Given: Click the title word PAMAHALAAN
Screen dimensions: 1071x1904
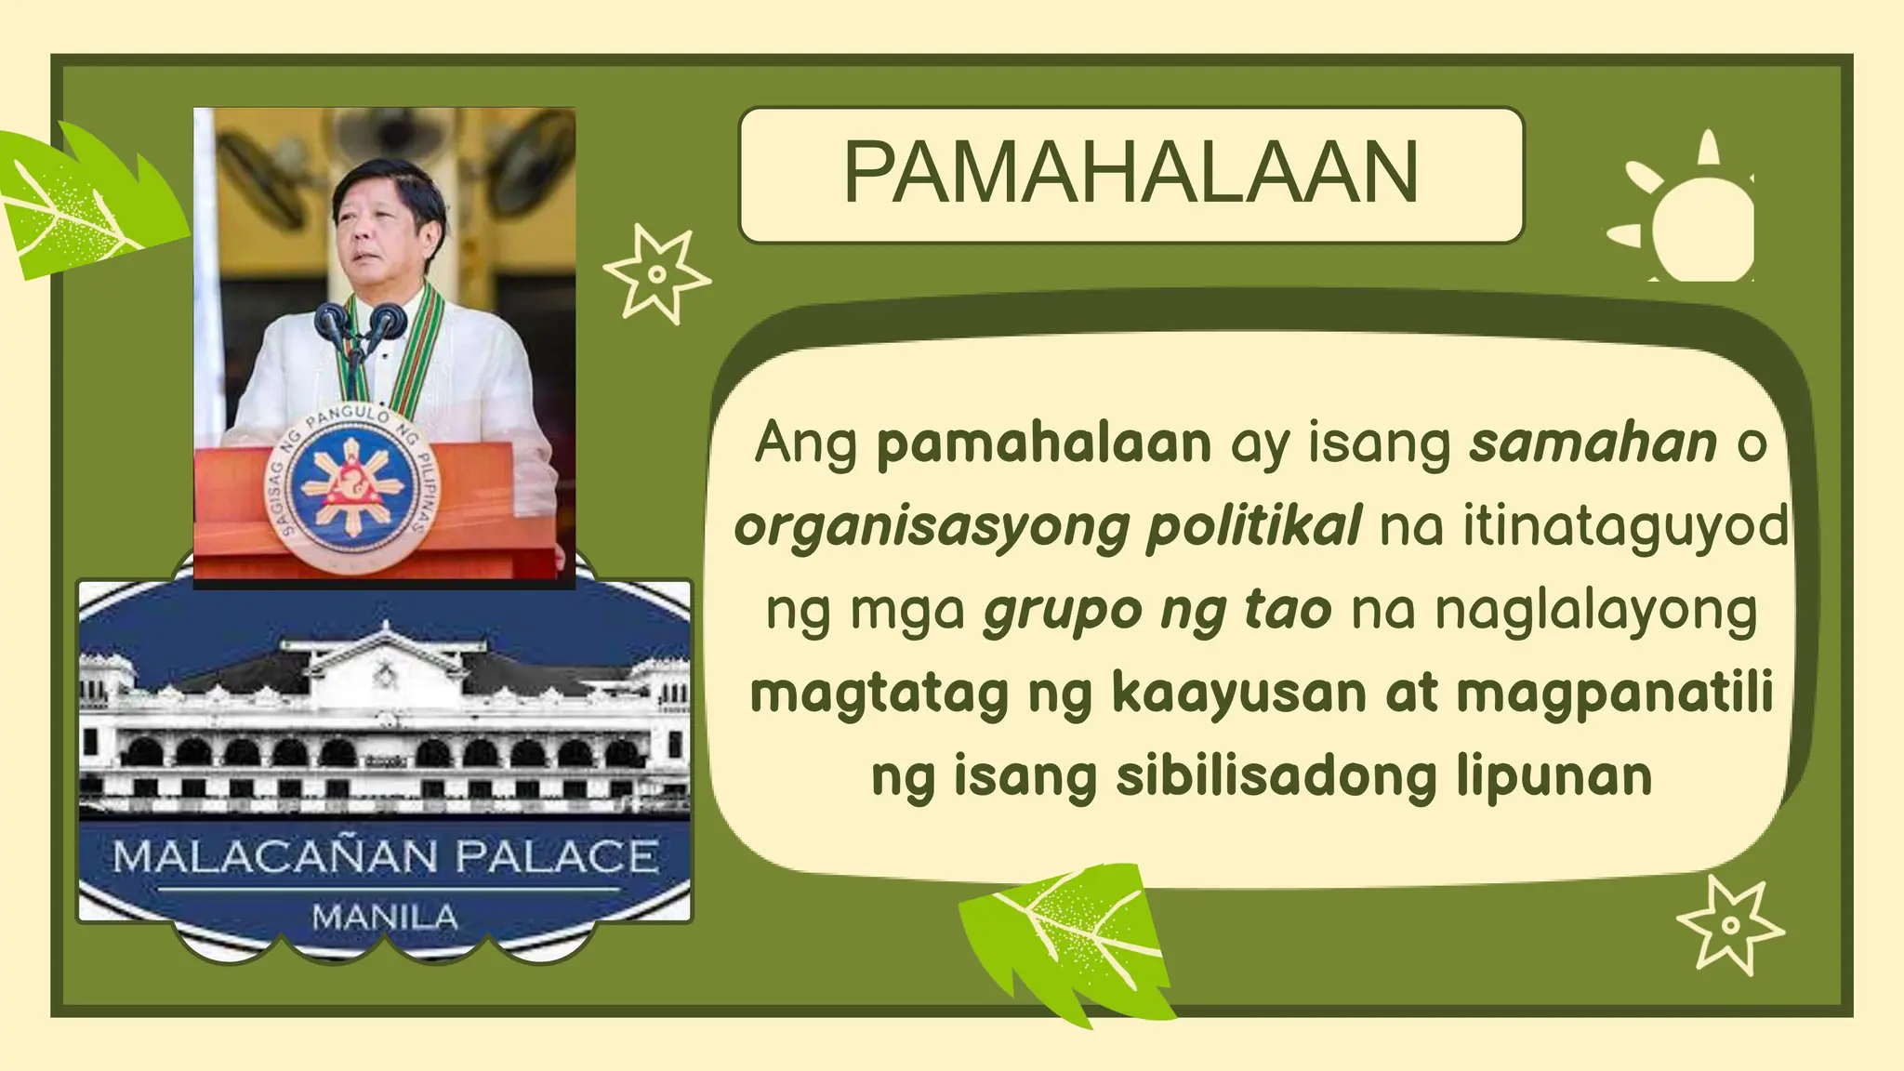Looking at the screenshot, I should click(x=1130, y=173).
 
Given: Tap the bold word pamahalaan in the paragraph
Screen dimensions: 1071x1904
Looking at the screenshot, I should click(x=1044, y=443).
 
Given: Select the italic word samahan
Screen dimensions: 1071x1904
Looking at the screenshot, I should click(x=1593, y=443).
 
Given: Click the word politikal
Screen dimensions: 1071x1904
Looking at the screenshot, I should click(x=1253, y=526).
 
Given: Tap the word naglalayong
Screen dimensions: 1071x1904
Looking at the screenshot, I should click(x=1595, y=610).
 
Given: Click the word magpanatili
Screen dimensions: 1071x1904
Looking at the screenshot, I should click(x=1615, y=694).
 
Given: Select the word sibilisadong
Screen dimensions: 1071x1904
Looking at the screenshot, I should click(x=1276, y=776).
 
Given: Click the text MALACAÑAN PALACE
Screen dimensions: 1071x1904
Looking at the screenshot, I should click(x=385, y=856).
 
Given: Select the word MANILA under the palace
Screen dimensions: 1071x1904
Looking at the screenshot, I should click(x=385, y=918).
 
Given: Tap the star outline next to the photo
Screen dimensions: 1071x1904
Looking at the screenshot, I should click(x=656, y=273).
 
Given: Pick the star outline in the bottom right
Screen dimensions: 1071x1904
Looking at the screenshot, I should click(x=1729, y=924).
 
